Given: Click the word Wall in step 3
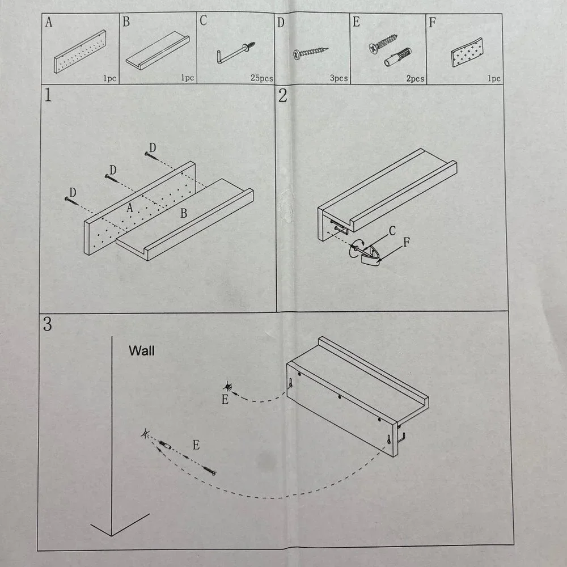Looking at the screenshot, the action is tap(141, 350).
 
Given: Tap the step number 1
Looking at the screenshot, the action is tap(48, 95).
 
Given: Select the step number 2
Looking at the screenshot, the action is tap(283, 95).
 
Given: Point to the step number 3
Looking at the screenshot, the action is tap(48, 324).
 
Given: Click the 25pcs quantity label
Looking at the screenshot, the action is tap(262, 78).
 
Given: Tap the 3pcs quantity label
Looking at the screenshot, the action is tap(339, 78).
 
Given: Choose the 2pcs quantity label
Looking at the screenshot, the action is tap(415, 78).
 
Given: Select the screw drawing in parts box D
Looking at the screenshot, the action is tap(310, 53).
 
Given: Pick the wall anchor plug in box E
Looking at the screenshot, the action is tap(398, 57).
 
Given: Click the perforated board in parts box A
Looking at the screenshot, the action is tap(81, 52).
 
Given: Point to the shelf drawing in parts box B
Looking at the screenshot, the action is tap(158, 50).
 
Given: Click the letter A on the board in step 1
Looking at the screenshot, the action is tap(130, 208).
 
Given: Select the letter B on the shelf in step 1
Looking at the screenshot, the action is tap(184, 213).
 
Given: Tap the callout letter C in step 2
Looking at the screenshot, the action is tap(392, 231).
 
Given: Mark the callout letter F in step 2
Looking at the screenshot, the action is tap(407, 242).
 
